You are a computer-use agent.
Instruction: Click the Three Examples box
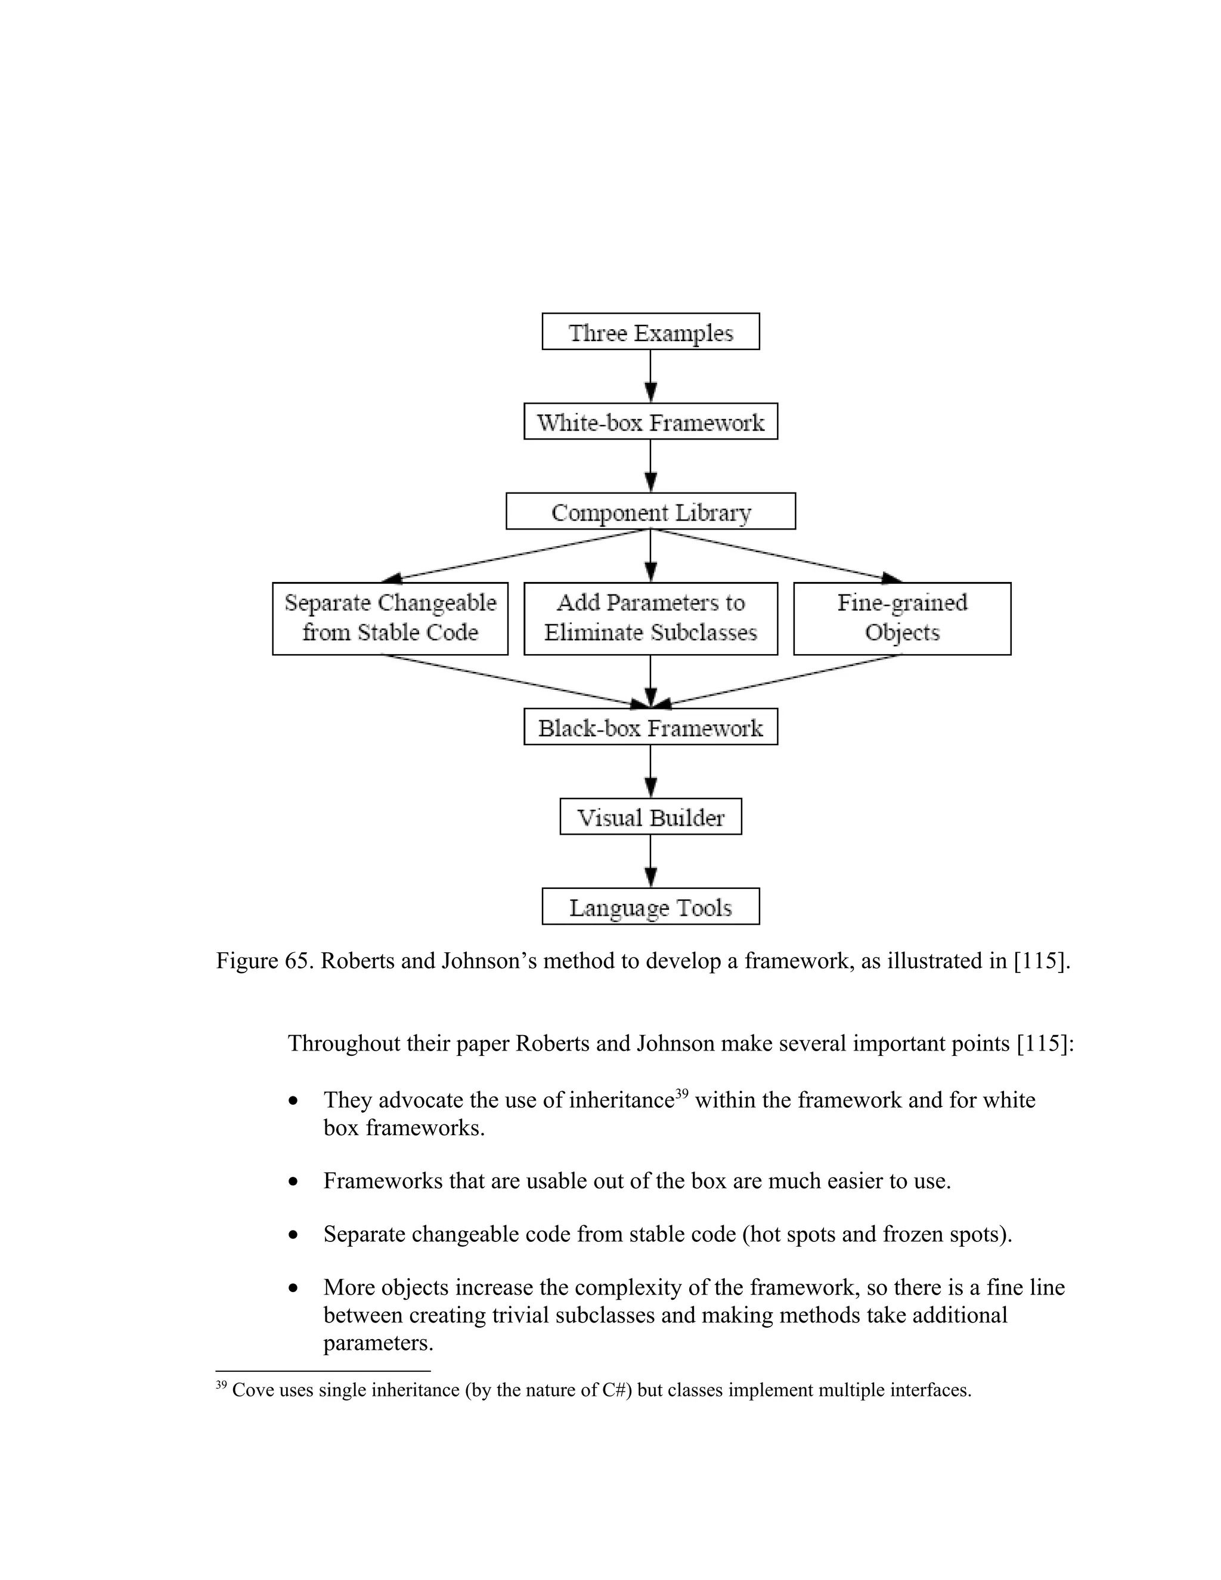point(650,332)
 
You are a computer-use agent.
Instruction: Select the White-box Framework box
point(650,421)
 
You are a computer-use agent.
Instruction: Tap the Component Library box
point(650,511)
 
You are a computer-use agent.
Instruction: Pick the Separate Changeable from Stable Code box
point(390,618)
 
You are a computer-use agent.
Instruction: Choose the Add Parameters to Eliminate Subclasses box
point(650,618)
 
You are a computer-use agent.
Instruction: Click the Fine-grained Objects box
point(902,618)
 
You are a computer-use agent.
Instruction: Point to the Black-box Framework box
point(650,726)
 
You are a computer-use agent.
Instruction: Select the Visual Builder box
point(650,816)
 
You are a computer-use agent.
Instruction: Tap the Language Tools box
point(650,906)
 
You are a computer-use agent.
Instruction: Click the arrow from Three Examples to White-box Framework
point(650,376)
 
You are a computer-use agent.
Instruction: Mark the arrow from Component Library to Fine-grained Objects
point(777,556)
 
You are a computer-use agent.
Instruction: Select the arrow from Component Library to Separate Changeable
point(517,556)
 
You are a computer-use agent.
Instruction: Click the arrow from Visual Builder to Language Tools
point(650,861)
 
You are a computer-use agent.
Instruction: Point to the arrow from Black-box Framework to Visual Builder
point(650,771)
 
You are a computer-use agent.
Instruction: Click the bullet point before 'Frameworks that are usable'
point(293,1181)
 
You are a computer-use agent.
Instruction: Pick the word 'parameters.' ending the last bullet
point(377,1343)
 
